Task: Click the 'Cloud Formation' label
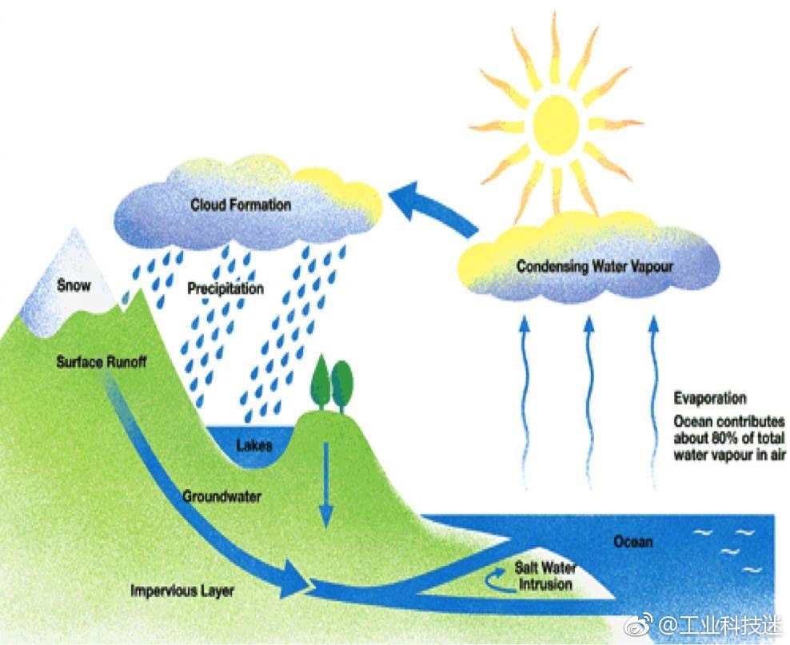240,205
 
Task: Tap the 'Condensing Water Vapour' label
594,266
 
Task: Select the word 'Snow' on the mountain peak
74,285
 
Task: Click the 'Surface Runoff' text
102,362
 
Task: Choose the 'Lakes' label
254,445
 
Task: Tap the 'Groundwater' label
221,496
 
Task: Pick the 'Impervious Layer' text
182,591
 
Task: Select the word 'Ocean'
632,542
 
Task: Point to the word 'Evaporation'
709,398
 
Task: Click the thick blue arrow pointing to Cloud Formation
436,205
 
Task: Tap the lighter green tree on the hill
342,381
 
